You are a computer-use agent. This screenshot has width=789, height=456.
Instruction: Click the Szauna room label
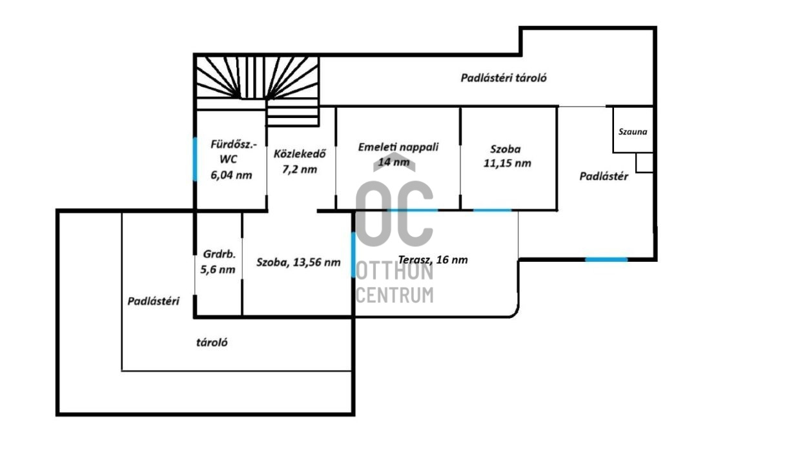pos(632,132)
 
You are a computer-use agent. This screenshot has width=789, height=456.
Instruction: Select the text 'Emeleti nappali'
pos(398,147)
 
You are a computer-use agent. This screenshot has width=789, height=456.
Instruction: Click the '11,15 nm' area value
pos(507,163)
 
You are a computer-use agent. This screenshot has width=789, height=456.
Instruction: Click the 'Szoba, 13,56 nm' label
pos(298,262)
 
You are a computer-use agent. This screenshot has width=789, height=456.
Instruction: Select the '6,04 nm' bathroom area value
pos(231,174)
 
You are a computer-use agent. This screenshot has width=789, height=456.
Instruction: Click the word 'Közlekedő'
pos(299,154)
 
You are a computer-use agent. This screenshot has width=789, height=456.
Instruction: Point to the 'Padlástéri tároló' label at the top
pos(504,78)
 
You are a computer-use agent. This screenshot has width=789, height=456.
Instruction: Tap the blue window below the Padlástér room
pos(606,259)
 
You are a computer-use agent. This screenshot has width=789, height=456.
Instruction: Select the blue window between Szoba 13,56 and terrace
pos(353,254)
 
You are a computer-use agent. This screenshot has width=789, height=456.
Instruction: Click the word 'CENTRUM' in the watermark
pos(394,295)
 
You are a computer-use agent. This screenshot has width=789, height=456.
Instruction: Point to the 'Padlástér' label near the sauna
pos(604,176)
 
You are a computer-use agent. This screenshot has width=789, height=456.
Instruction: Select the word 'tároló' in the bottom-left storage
pos(212,342)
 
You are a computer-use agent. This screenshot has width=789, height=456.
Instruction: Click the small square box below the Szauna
pos(644,163)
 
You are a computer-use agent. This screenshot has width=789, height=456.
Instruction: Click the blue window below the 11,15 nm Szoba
pos(493,210)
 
